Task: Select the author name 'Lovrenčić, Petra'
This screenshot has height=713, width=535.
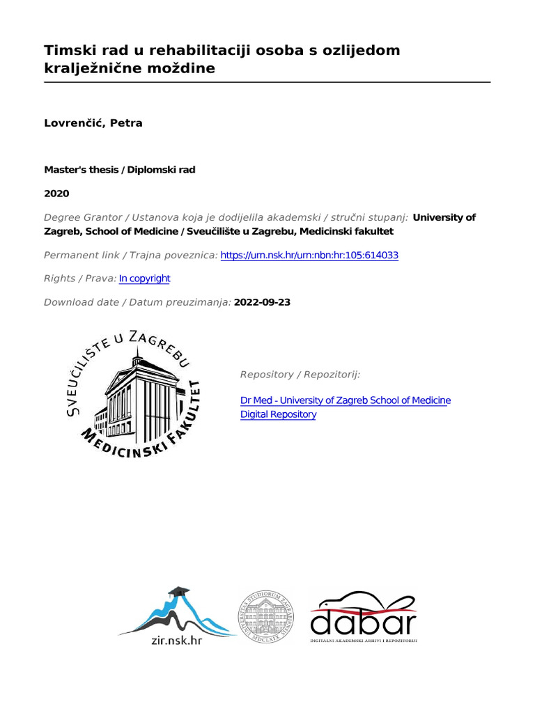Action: pos(93,123)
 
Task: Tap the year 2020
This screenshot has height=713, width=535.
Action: pos(56,194)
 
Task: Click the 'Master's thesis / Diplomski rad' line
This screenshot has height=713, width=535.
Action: pos(119,170)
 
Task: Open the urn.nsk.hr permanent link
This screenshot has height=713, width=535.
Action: pos(309,256)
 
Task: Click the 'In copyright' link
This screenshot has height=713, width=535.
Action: pos(144,279)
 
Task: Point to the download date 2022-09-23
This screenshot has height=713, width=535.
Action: pos(263,302)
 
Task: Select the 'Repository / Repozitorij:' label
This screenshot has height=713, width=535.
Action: pos(300,375)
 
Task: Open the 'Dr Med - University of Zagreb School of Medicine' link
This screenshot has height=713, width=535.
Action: pos(345,400)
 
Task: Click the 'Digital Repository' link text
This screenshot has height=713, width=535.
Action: pos(278,414)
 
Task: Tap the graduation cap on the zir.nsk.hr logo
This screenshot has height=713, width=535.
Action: pos(179,591)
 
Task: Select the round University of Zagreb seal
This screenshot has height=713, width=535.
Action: pos(267,613)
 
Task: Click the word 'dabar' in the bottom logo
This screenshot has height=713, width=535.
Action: pos(363,621)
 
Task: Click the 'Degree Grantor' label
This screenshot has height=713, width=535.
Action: pos(84,217)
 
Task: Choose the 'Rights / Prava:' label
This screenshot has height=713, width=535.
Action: pos(79,279)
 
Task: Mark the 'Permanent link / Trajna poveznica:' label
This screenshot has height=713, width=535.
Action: pos(130,256)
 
